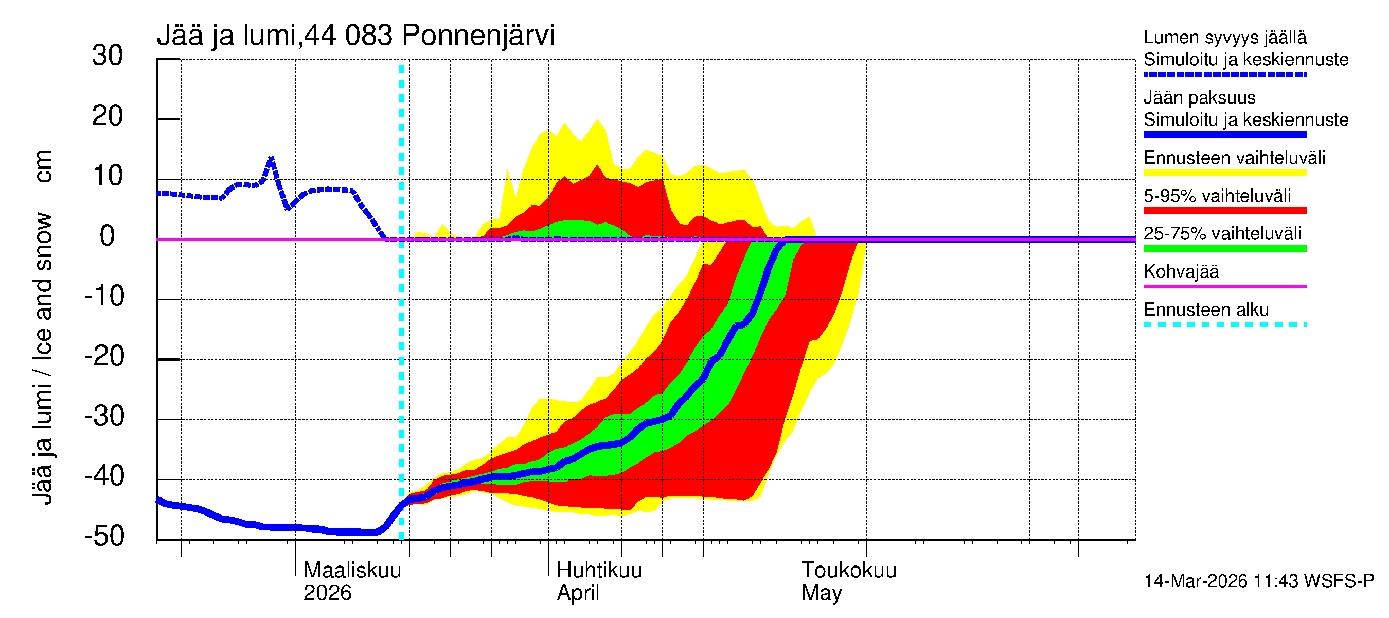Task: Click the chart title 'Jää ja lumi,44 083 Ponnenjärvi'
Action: (355, 36)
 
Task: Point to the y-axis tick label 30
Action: (108, 56)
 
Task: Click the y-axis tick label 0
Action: (108, 236)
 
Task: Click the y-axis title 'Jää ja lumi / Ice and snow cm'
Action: (43, 327)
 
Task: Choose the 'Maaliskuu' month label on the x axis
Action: (352, 571)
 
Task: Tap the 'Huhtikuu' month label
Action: (599, 571)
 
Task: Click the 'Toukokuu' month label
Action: (849, 571)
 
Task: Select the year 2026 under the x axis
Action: (327, 593)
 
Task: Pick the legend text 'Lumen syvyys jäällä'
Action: (1225, 38)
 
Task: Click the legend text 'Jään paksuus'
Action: (1199, 98)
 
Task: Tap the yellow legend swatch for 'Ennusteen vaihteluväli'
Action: (1225, 173)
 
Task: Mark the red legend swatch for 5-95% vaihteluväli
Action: (1225, 211)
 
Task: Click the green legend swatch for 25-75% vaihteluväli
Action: (1225, 248)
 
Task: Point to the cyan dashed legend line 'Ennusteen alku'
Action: (1225, 325)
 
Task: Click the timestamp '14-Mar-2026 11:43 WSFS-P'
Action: (1258, 581)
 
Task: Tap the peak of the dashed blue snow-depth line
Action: (271, 158)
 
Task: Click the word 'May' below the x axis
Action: (821, 593)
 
